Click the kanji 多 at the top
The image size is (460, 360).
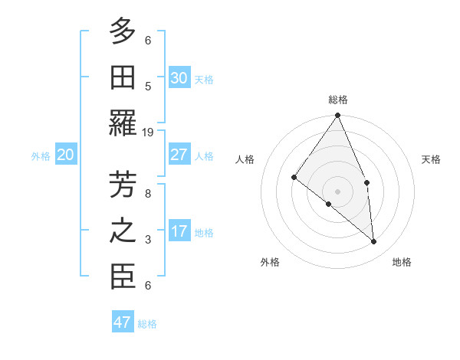tap(123, 32)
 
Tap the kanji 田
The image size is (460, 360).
tap(123, 77)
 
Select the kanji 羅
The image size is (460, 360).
tap(123, 124)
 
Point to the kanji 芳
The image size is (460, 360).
tap(123, 185)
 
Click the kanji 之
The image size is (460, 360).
tap(123, 231)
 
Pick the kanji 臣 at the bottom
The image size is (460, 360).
tap(123, 277)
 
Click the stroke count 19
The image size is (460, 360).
tap(149, 133)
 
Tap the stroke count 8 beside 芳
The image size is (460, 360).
tap(148, 194)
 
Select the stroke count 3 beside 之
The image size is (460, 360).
tap(148, 240)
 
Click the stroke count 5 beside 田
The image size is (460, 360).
tap(148, 87)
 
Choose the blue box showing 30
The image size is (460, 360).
tap(179, 78)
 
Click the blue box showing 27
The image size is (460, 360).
tap(179, 155)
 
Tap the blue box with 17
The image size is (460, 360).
tap(179, 231)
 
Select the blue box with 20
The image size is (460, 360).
tap(65, 155)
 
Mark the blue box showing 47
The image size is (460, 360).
tap(123, 322)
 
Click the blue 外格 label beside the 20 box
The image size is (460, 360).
tap(41, 156)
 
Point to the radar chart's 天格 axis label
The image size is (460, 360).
tap(432, 159)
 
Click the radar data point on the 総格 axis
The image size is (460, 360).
tap(337, 116)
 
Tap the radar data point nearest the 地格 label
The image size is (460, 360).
tap(374, 241)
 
